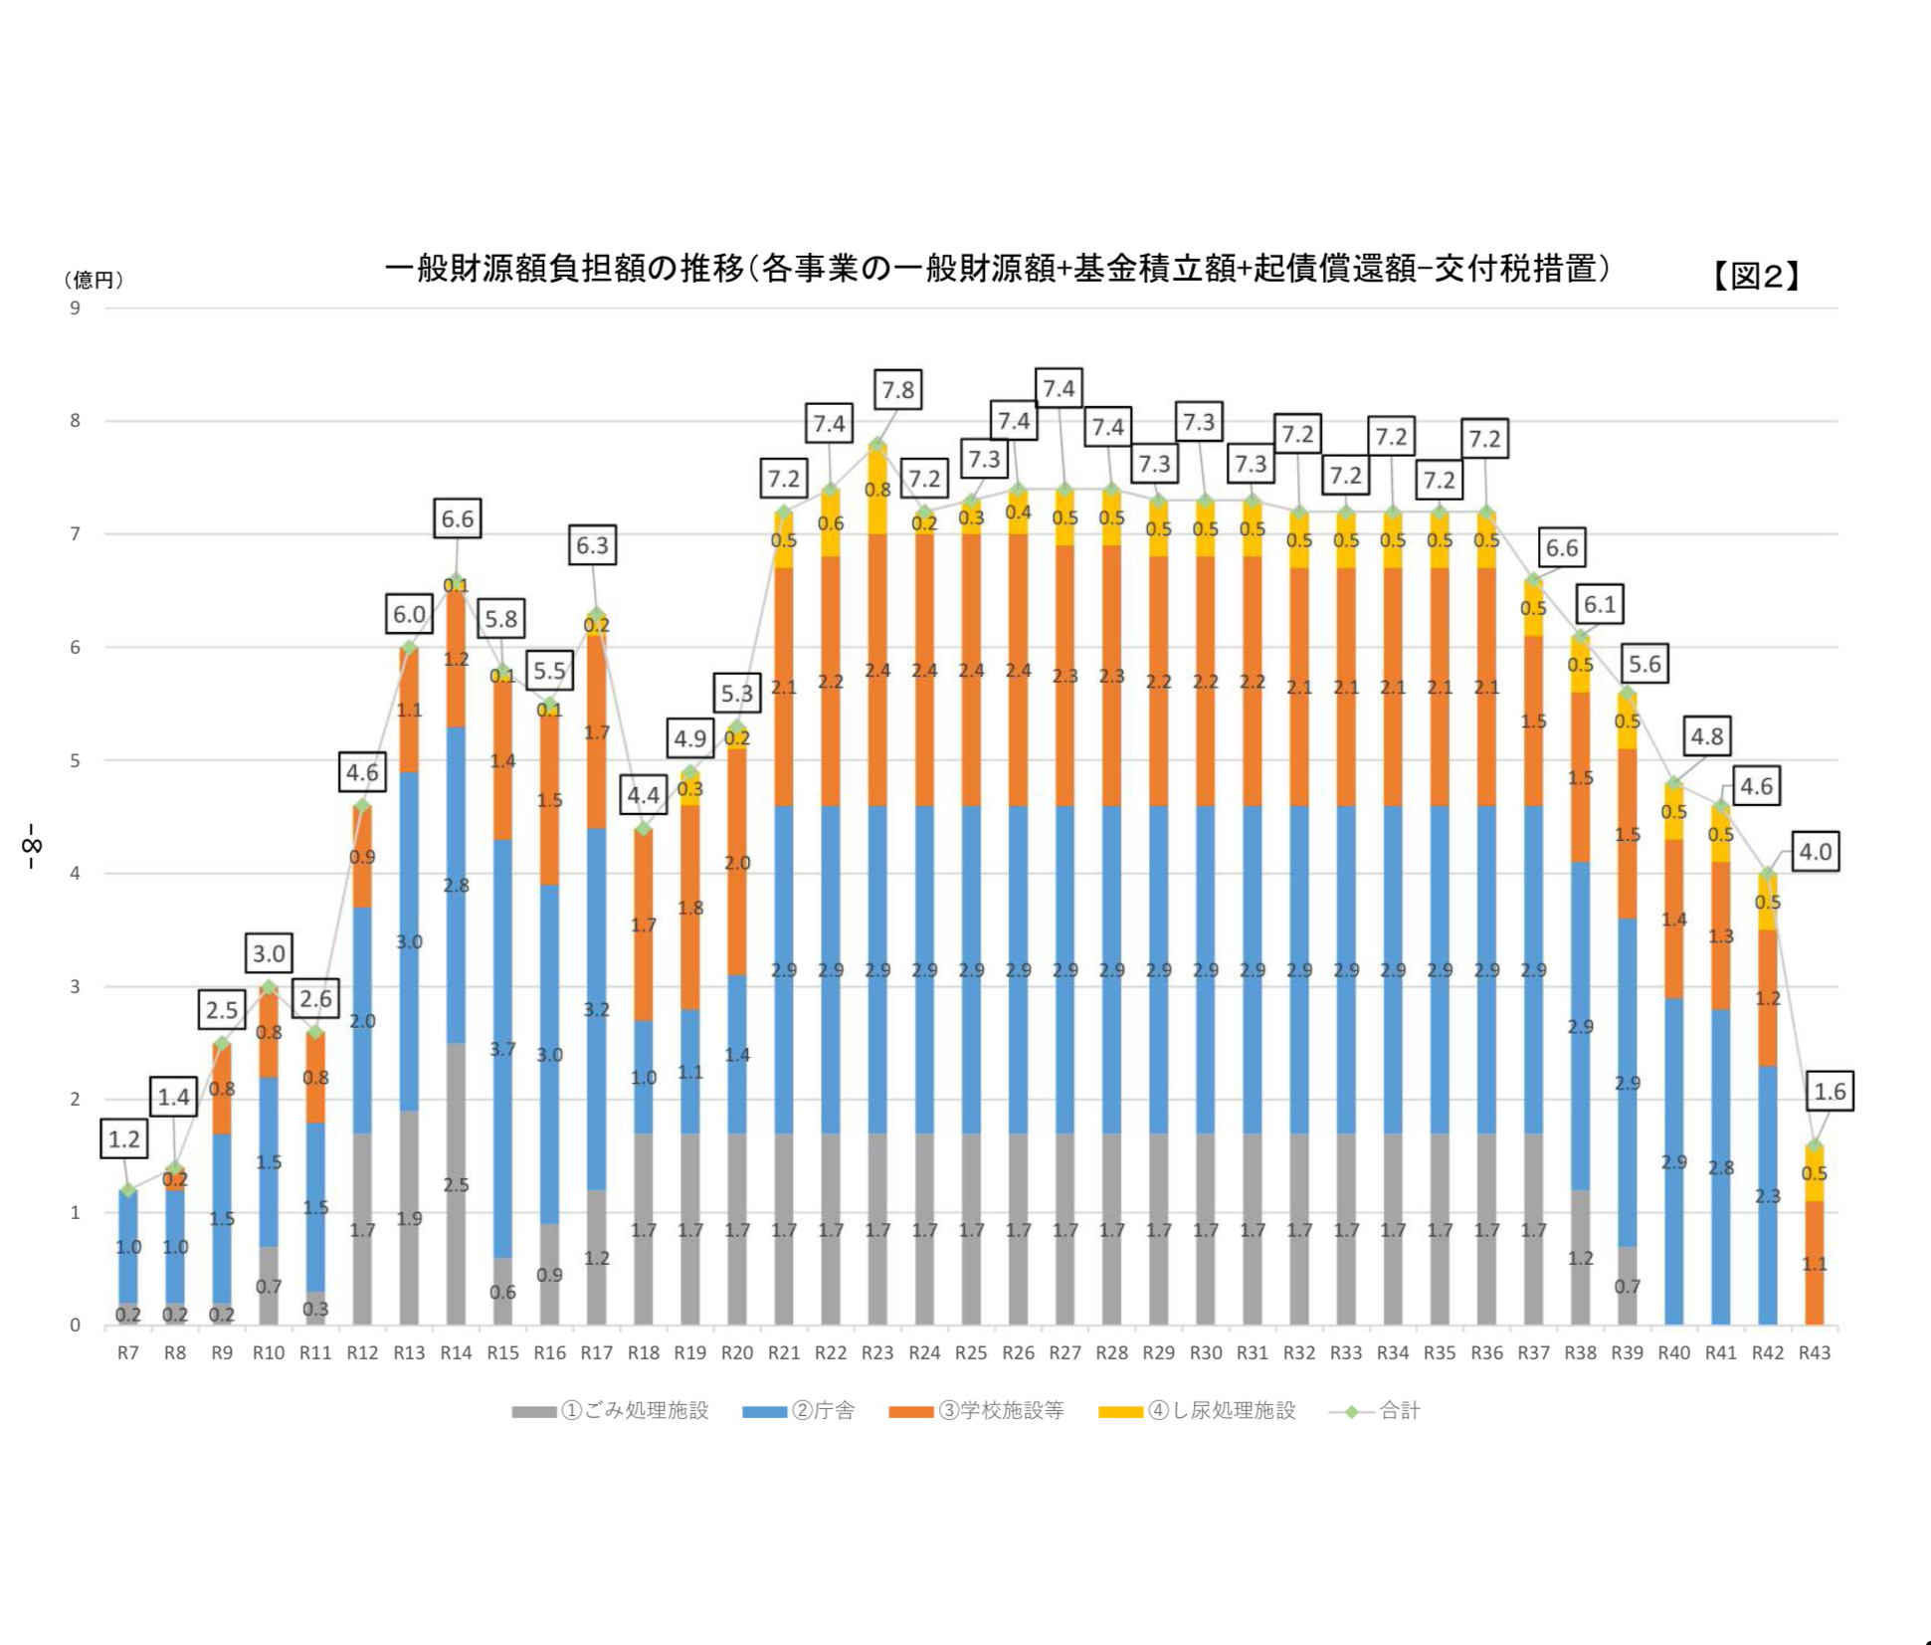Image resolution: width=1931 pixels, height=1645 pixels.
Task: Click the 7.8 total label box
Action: [897, 390]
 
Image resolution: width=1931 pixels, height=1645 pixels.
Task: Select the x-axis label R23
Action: [877, 1352]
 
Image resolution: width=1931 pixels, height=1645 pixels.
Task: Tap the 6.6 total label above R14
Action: [458, 518]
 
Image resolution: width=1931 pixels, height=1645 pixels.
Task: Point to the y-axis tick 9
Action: [76, 308]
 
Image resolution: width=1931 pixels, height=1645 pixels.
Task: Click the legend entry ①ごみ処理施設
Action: [611, 1410]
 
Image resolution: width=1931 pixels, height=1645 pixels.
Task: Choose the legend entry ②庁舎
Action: [799, 1410]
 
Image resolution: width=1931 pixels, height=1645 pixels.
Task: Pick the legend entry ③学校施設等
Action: [977, 1410]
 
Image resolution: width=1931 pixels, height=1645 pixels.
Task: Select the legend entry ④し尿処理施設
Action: [1198, 1410]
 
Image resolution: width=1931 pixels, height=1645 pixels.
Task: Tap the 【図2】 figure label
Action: [1757, 276]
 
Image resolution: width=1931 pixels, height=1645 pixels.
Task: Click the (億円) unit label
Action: [94, 280]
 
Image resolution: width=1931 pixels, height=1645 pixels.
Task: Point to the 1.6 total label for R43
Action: [1830, 1092]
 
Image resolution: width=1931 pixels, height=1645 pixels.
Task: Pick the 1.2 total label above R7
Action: [124, 1139]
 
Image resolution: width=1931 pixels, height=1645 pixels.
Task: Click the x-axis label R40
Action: [1674, 1352]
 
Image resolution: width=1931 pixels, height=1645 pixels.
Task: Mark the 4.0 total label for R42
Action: [1816, 852]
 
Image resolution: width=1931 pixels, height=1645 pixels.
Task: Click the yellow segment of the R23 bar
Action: [877, 491]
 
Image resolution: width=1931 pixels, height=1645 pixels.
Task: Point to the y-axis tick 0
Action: [76, 1326]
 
